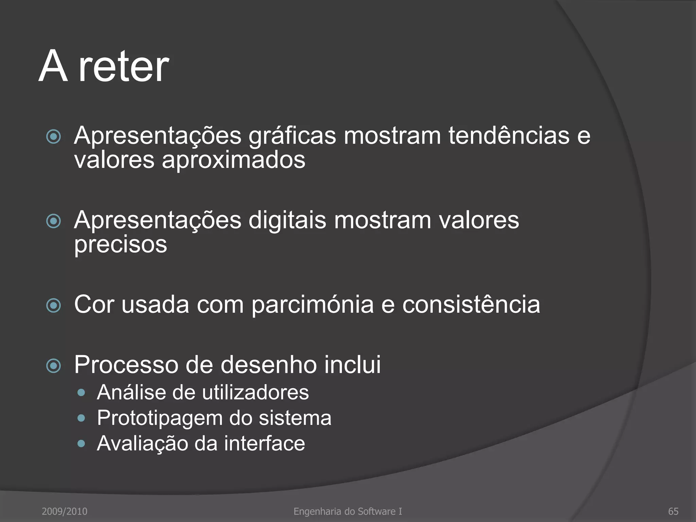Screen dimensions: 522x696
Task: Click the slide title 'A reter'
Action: coord(104,66)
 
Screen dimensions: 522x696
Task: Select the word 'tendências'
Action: coord(509,135)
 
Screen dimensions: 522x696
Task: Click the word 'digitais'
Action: coord(287,220)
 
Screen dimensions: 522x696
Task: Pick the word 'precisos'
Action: coord(121,245)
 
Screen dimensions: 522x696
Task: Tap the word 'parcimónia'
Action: coord(313,304)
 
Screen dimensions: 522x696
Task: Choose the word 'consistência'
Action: coord(471,304)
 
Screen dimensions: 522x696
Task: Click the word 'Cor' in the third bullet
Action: coord(94,304)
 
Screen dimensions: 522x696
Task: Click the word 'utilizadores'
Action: coord(256,393)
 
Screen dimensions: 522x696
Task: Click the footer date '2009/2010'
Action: coord(65,511)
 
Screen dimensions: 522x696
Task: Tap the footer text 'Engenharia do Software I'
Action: coord(348,511)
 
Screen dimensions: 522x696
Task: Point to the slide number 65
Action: coord(673,511)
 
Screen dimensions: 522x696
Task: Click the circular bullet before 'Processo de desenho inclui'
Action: coord(53,366)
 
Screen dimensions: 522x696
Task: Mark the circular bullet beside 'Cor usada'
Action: coord(53,306)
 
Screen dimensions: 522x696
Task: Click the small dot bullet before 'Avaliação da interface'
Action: coord(81,443)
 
